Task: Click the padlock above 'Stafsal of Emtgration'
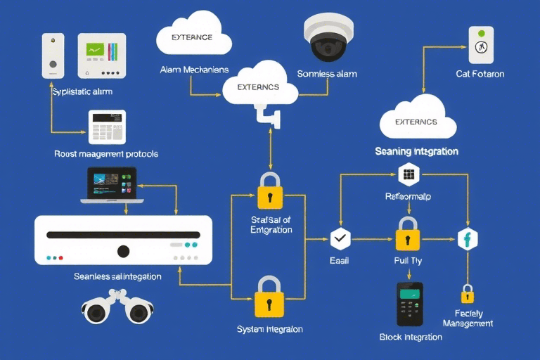[269, 191]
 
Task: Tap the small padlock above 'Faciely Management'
[467, 293]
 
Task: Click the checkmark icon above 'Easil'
[340, 238]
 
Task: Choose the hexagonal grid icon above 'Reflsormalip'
[408, 174]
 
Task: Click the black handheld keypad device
[409, 304]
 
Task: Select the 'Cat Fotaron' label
[480, 74]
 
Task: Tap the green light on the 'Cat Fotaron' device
[481, 33]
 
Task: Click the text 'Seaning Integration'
[416, 151]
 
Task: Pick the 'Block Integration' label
[411, 337]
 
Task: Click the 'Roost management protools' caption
[106, 153]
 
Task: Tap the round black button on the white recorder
[123, 250]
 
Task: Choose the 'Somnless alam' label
[327, 74]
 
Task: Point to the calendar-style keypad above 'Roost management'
[107, 127]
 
